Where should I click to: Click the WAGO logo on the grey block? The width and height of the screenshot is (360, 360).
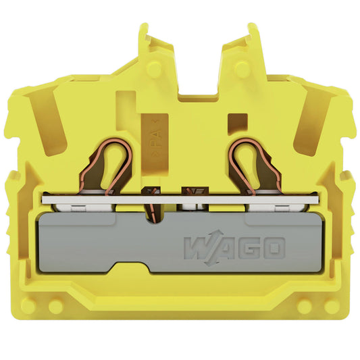coord(234,248)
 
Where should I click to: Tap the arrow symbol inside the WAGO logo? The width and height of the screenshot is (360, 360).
coord(213,248)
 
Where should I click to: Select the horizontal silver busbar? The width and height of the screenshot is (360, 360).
coord(180,200)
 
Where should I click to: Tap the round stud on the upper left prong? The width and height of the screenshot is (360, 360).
coord(154,68)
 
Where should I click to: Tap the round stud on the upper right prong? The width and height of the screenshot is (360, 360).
coord(242,68)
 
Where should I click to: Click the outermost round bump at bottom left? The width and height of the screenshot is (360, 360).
coord(28,306)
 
